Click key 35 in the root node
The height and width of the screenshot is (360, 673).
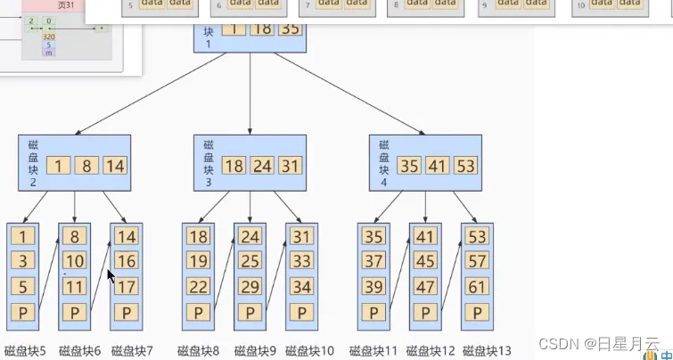290,29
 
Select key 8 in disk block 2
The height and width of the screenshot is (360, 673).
86,166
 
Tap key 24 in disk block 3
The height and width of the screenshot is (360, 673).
261,166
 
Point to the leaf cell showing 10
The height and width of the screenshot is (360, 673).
74,262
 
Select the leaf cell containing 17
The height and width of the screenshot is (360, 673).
126,287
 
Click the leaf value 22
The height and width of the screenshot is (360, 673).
198,287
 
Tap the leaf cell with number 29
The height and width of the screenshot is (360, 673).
250,287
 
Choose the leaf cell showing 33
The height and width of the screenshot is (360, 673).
301,262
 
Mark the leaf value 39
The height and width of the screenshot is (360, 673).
373,287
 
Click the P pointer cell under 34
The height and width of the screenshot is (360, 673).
301,313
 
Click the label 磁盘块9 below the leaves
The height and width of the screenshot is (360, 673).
256,351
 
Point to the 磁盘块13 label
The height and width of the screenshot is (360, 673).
487,351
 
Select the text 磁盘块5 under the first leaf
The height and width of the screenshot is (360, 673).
25,351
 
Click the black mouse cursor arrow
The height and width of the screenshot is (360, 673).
111,276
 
